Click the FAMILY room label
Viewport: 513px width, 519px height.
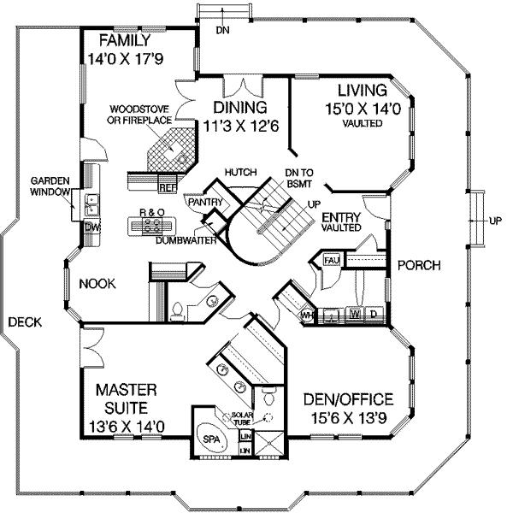pos(125,41)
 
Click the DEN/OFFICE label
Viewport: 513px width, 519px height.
pos(348,399)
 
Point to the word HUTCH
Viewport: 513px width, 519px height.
pos(241,172)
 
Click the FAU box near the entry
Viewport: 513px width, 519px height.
pos(332,258)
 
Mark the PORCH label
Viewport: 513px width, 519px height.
pos(419,265)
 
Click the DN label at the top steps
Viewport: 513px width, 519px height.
pos(222,32)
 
